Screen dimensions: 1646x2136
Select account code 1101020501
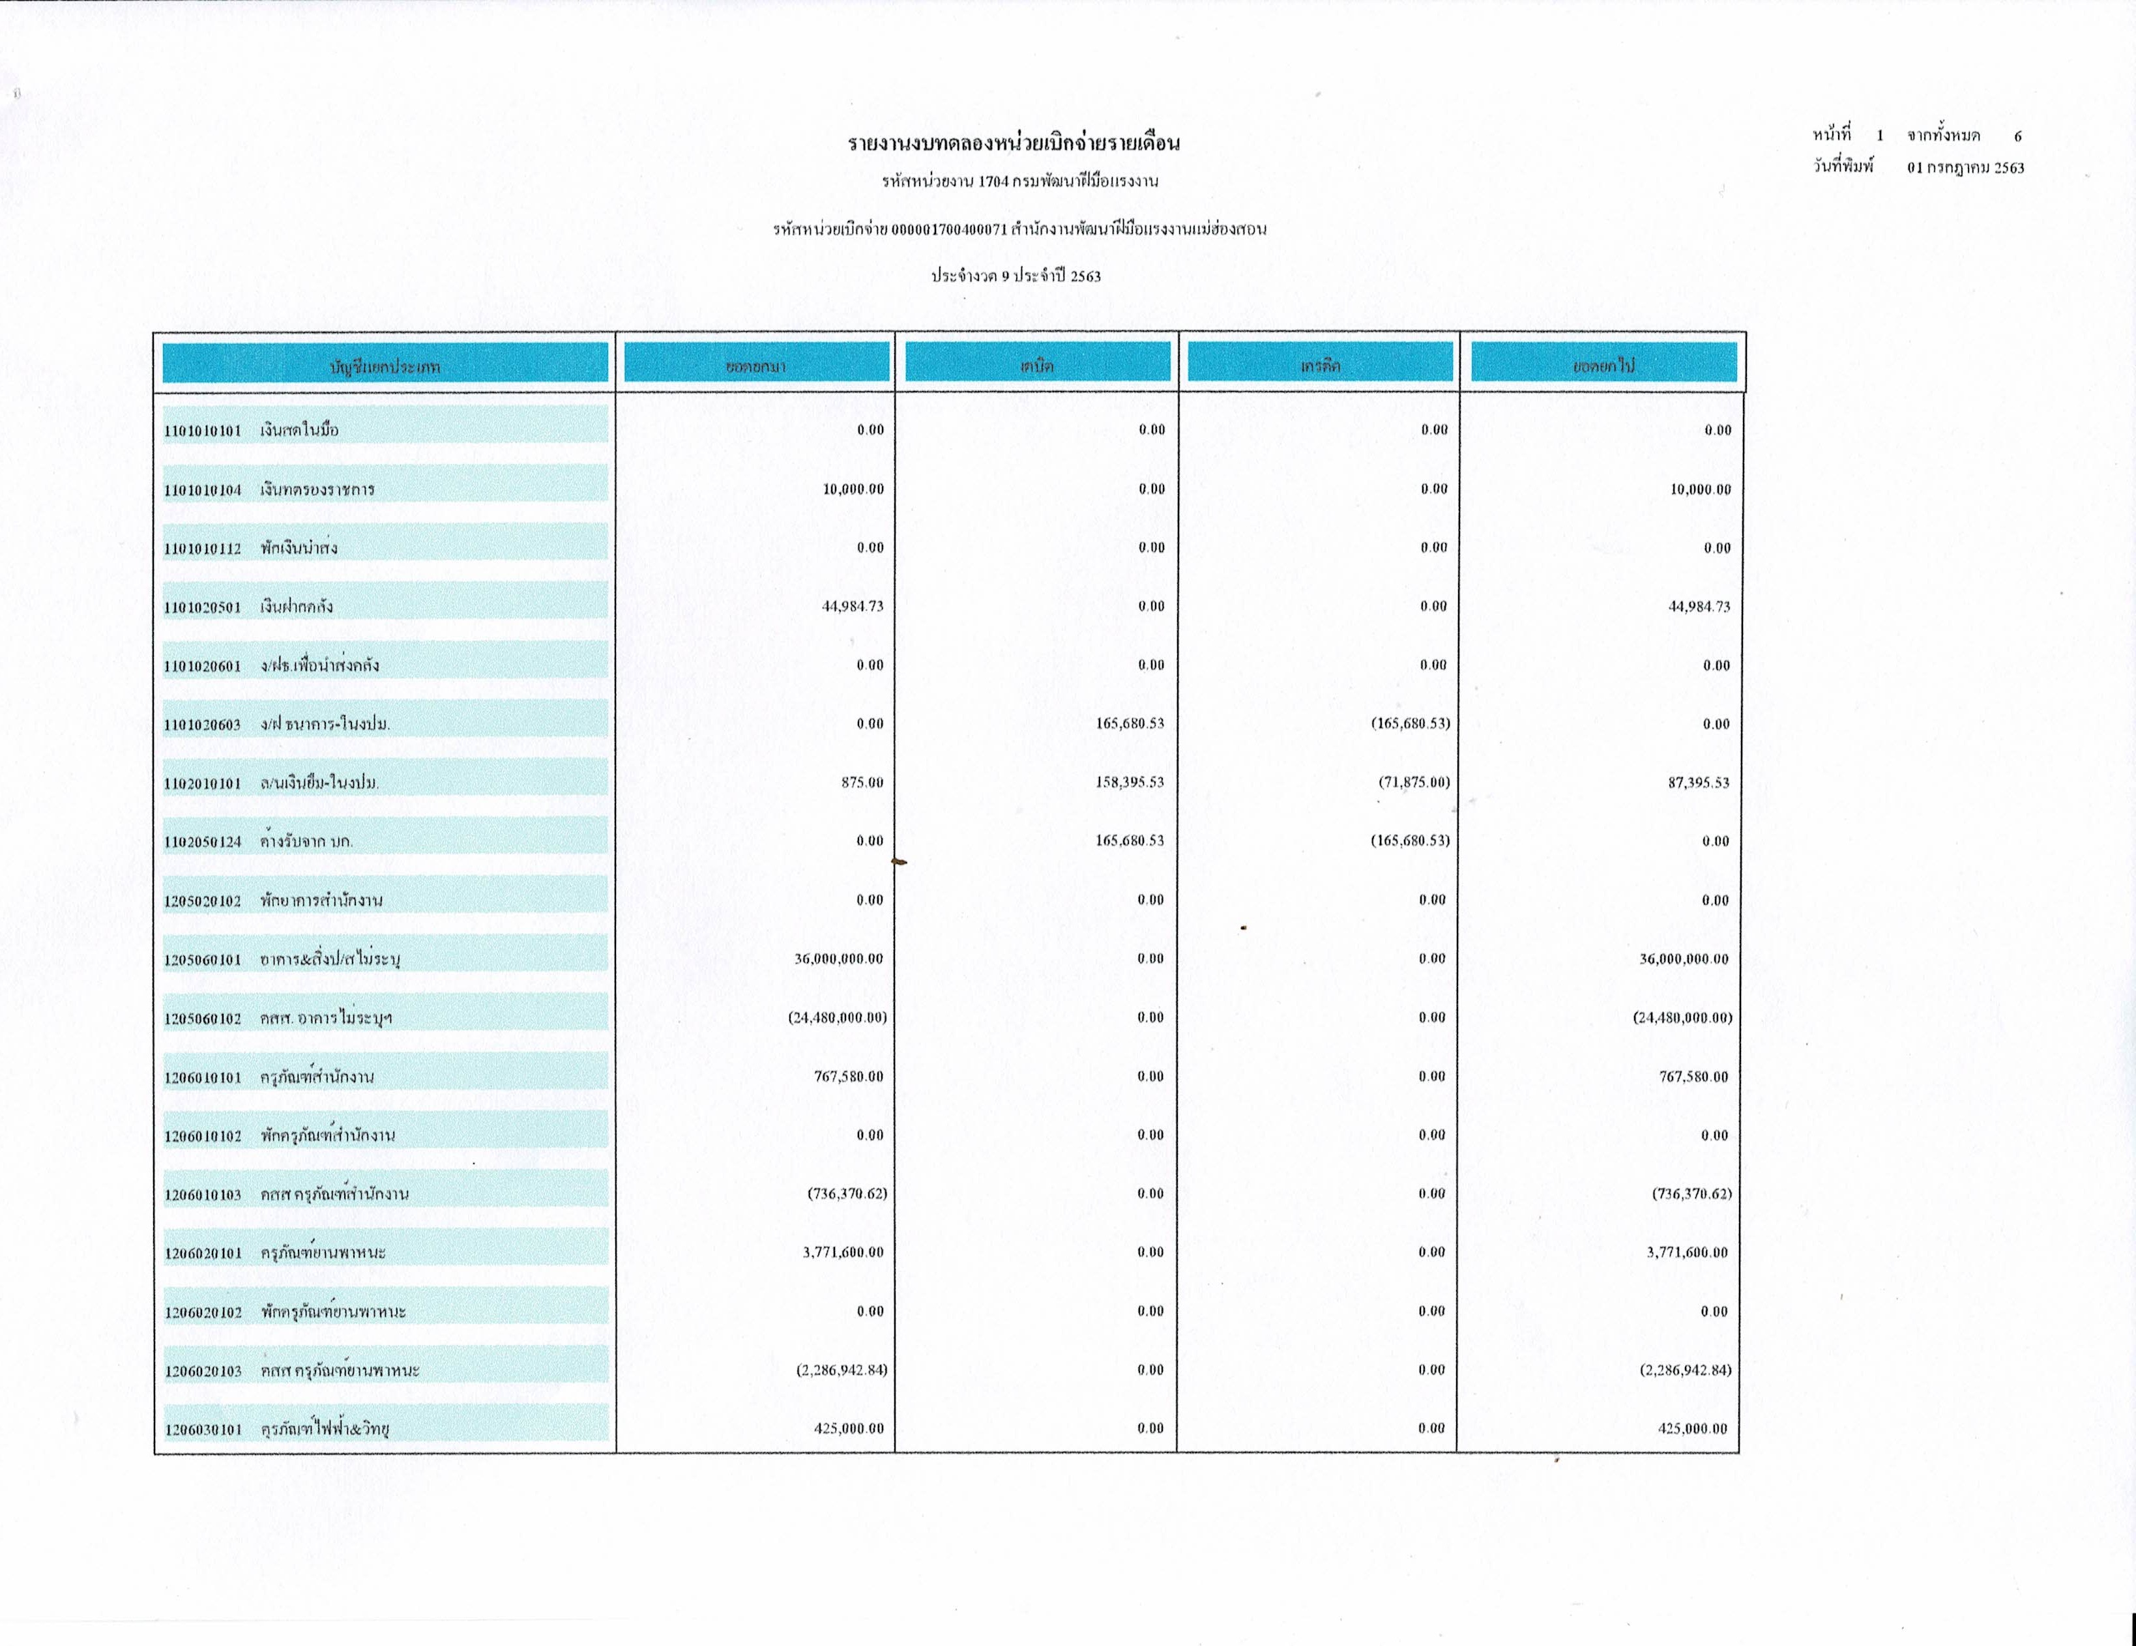click(x=203, y=607)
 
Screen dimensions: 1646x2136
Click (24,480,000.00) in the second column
click(x=838, y=1018)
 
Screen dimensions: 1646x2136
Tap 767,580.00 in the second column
click(x=848, y=1076)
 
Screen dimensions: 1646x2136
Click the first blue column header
click(x=385, y=364)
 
